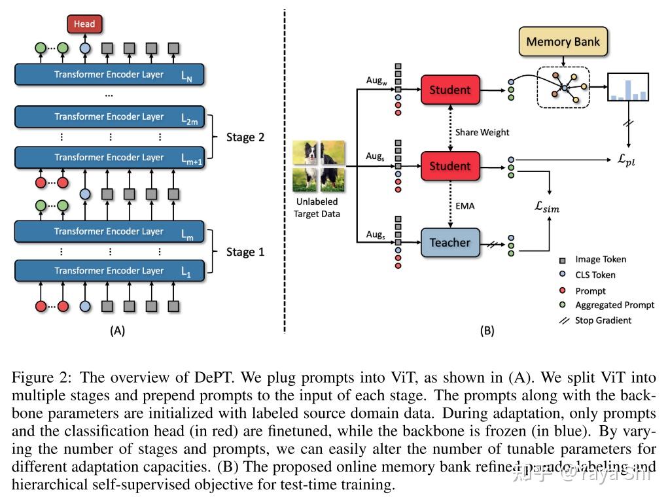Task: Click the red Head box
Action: coord(84,24)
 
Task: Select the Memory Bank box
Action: coord(563,42)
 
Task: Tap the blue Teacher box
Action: coord(449,243)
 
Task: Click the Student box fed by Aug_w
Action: coord(449,90)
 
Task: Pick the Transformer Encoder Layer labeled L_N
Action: coord(109,75)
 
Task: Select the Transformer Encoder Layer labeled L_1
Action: coord(109,271)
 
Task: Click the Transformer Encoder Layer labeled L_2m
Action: coord(109,117)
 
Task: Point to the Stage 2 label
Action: coord(245,137)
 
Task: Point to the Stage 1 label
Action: coord(245,252)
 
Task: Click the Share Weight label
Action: coord(482,132)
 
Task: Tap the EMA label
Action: coord(465,205)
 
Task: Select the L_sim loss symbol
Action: coord(547,207)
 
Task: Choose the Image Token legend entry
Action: coord(600,260)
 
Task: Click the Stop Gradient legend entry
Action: coord(603,321)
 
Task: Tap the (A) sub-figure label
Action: coord(117,331)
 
